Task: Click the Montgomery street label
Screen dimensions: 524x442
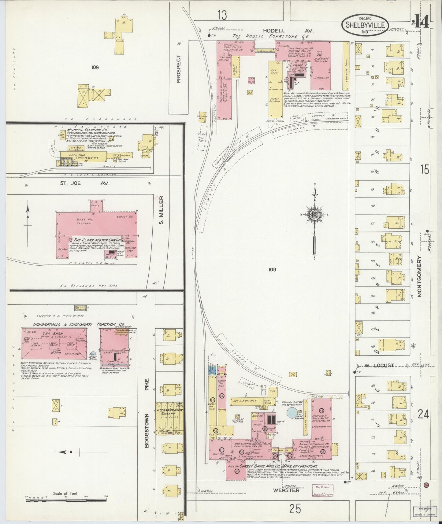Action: (x=419, y=276)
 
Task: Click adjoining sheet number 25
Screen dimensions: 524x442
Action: (x=295, y=509)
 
